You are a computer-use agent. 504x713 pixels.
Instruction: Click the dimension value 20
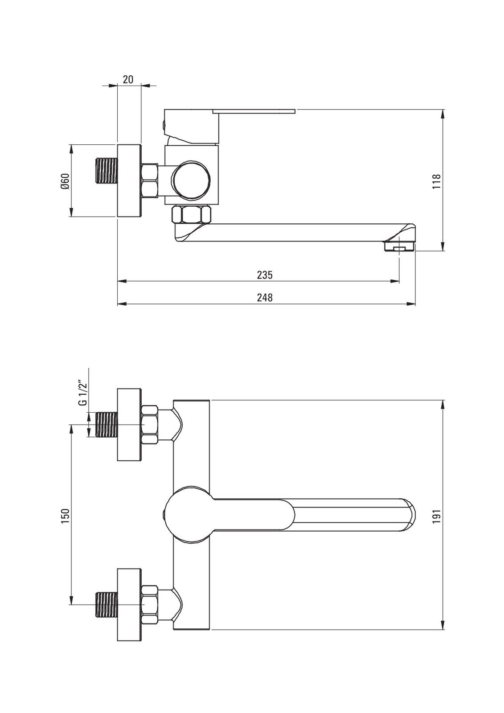click(128, 80)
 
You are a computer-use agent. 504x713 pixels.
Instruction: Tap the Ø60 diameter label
click(65, 180)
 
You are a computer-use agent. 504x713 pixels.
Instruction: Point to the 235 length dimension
click(265, 275)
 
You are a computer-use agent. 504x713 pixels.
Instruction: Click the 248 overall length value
click(265, 297)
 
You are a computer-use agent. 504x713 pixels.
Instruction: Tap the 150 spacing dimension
click(65, 516)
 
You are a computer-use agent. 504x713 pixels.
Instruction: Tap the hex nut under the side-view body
click(191, 215)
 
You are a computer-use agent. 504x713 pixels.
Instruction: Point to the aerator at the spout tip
click(399, 246)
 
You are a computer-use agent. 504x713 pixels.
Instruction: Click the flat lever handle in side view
click(254, 110)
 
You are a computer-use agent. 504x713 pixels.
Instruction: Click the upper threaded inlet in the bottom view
click(107, 425)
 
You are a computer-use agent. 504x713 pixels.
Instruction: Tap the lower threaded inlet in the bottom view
click(107, 604)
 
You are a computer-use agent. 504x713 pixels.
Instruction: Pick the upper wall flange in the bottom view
click(129, 425)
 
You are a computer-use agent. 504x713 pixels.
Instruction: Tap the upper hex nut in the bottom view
click(150, 425)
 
